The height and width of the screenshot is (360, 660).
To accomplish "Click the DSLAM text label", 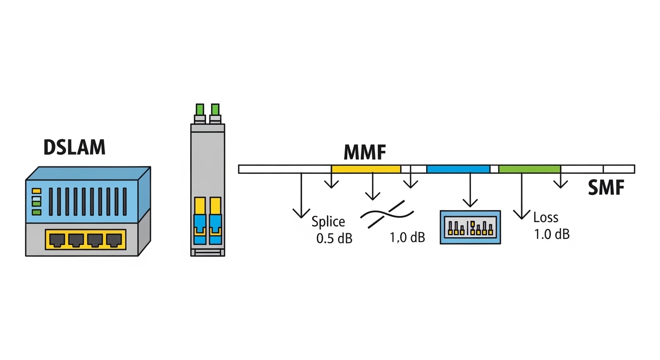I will coord(75,147).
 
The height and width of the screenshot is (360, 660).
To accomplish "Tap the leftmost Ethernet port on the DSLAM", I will coord(57,240).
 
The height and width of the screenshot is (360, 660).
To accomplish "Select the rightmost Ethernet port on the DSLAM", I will coord(114,240).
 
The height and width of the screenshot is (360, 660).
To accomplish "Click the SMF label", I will coord(606,188).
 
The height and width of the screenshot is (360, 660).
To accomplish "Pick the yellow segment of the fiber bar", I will coord(366,169).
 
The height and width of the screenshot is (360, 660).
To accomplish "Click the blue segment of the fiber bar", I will coord(458,169).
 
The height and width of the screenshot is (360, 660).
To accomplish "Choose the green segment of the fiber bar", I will coord(530,169).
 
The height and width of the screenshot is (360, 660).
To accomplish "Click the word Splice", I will coord(328,222).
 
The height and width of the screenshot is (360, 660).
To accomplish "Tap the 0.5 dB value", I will coord(334,238).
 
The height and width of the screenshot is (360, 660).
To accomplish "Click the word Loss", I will coord(546,217).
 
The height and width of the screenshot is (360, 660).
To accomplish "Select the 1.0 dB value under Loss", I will coord(552,234).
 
